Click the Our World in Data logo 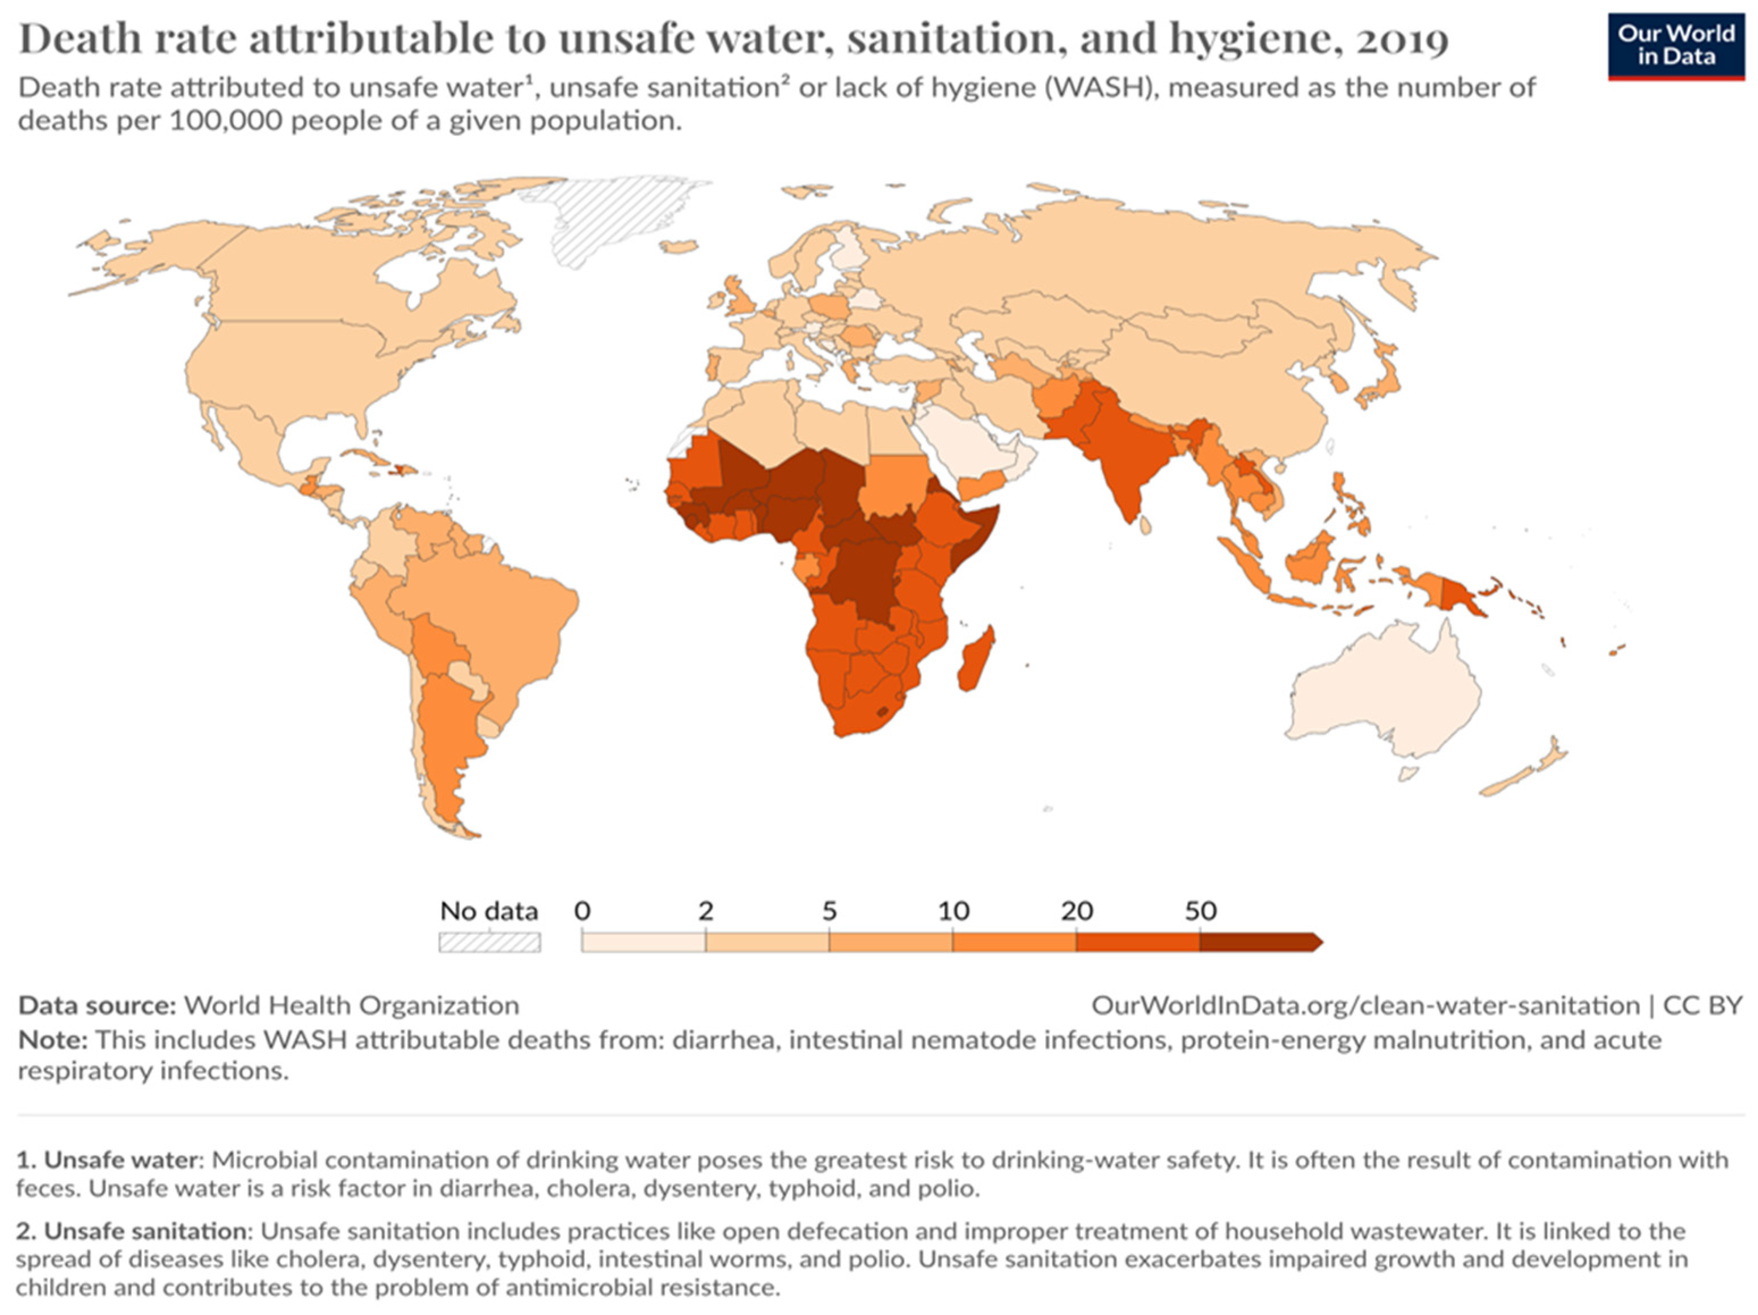tap(1675, 45)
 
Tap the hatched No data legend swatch tap(490, 942)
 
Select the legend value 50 tap(1200, 911)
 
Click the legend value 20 tap(1077, 911)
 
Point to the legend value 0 tap(583, 911)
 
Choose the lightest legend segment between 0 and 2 tap(644, 942)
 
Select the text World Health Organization tap(351, 1005)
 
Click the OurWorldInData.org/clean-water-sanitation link tap(1365, 1005)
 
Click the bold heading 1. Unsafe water tap(107, 1160)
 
